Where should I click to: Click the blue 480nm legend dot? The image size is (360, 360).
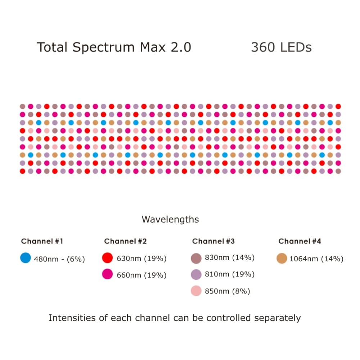26,258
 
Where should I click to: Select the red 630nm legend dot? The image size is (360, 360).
108,258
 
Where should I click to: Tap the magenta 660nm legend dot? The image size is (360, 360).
108,275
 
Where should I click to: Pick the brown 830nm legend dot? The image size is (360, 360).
196,258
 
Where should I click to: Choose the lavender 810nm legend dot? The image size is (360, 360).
196,274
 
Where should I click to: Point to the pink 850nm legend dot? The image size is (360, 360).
196,291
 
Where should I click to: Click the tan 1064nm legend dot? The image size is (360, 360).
282,258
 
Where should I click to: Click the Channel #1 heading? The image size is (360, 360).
42,241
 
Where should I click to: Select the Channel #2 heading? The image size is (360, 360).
125,241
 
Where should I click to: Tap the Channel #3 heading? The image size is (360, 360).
213,241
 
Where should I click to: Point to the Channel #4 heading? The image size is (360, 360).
300,241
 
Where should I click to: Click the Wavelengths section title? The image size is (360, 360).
170,219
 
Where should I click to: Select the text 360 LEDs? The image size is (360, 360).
281,48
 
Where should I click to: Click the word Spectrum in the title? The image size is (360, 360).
98,48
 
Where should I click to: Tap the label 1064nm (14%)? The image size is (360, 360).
316,259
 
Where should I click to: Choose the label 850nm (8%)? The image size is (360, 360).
227,291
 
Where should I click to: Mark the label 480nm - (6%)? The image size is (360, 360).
59,259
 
